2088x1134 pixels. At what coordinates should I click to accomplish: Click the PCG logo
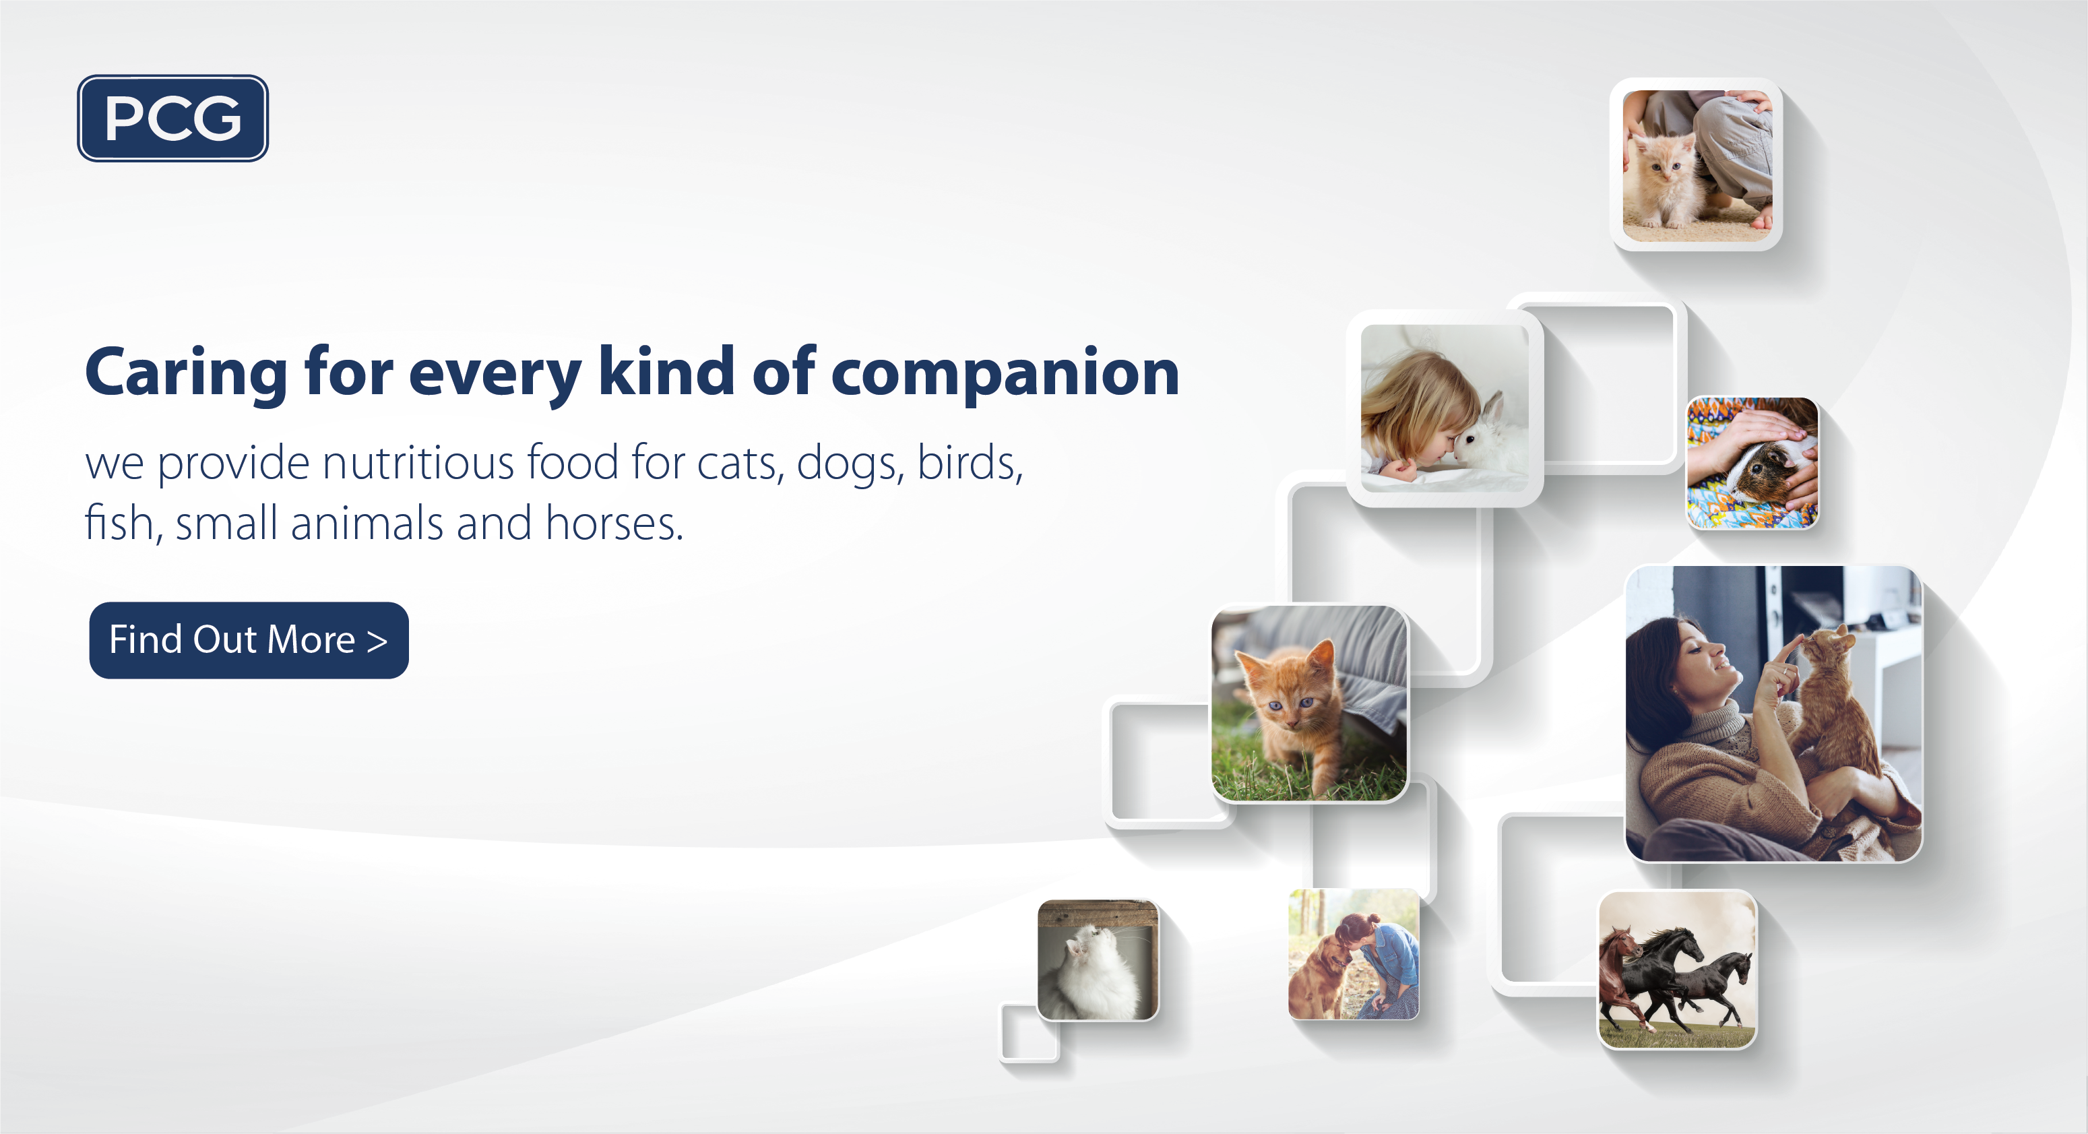click(172, 119)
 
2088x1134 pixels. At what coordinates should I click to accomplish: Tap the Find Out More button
click(249, 640)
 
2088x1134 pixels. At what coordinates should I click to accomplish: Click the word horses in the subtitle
click(615, 523)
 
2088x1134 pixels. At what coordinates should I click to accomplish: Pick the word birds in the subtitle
click(970, 462)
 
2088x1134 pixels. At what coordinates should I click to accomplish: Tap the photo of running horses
click(1677, 970)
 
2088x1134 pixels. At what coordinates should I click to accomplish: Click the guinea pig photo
click(1752, 463)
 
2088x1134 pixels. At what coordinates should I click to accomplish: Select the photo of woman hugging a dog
click(1354, 954)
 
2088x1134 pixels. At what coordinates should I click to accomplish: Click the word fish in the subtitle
click(119, 523)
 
